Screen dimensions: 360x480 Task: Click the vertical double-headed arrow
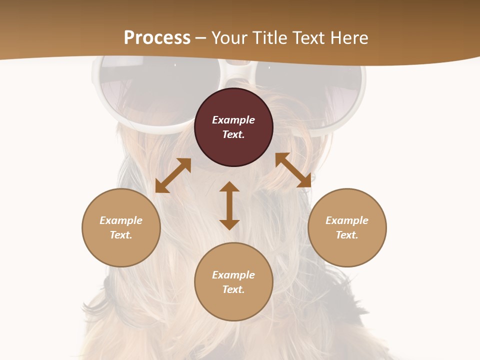[229, 205]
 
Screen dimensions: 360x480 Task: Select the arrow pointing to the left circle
[173, 175]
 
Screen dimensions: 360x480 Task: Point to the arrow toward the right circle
[293, 170]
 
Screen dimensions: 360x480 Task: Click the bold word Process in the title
[157, 37]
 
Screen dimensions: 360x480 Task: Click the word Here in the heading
[348, 37]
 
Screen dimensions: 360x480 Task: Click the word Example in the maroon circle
[233, 120]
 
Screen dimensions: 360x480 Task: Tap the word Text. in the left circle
[121, 235]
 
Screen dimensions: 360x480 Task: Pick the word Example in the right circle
[347, 220]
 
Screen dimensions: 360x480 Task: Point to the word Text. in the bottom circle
[233, 289]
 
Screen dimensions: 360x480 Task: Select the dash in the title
[201, 37]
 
